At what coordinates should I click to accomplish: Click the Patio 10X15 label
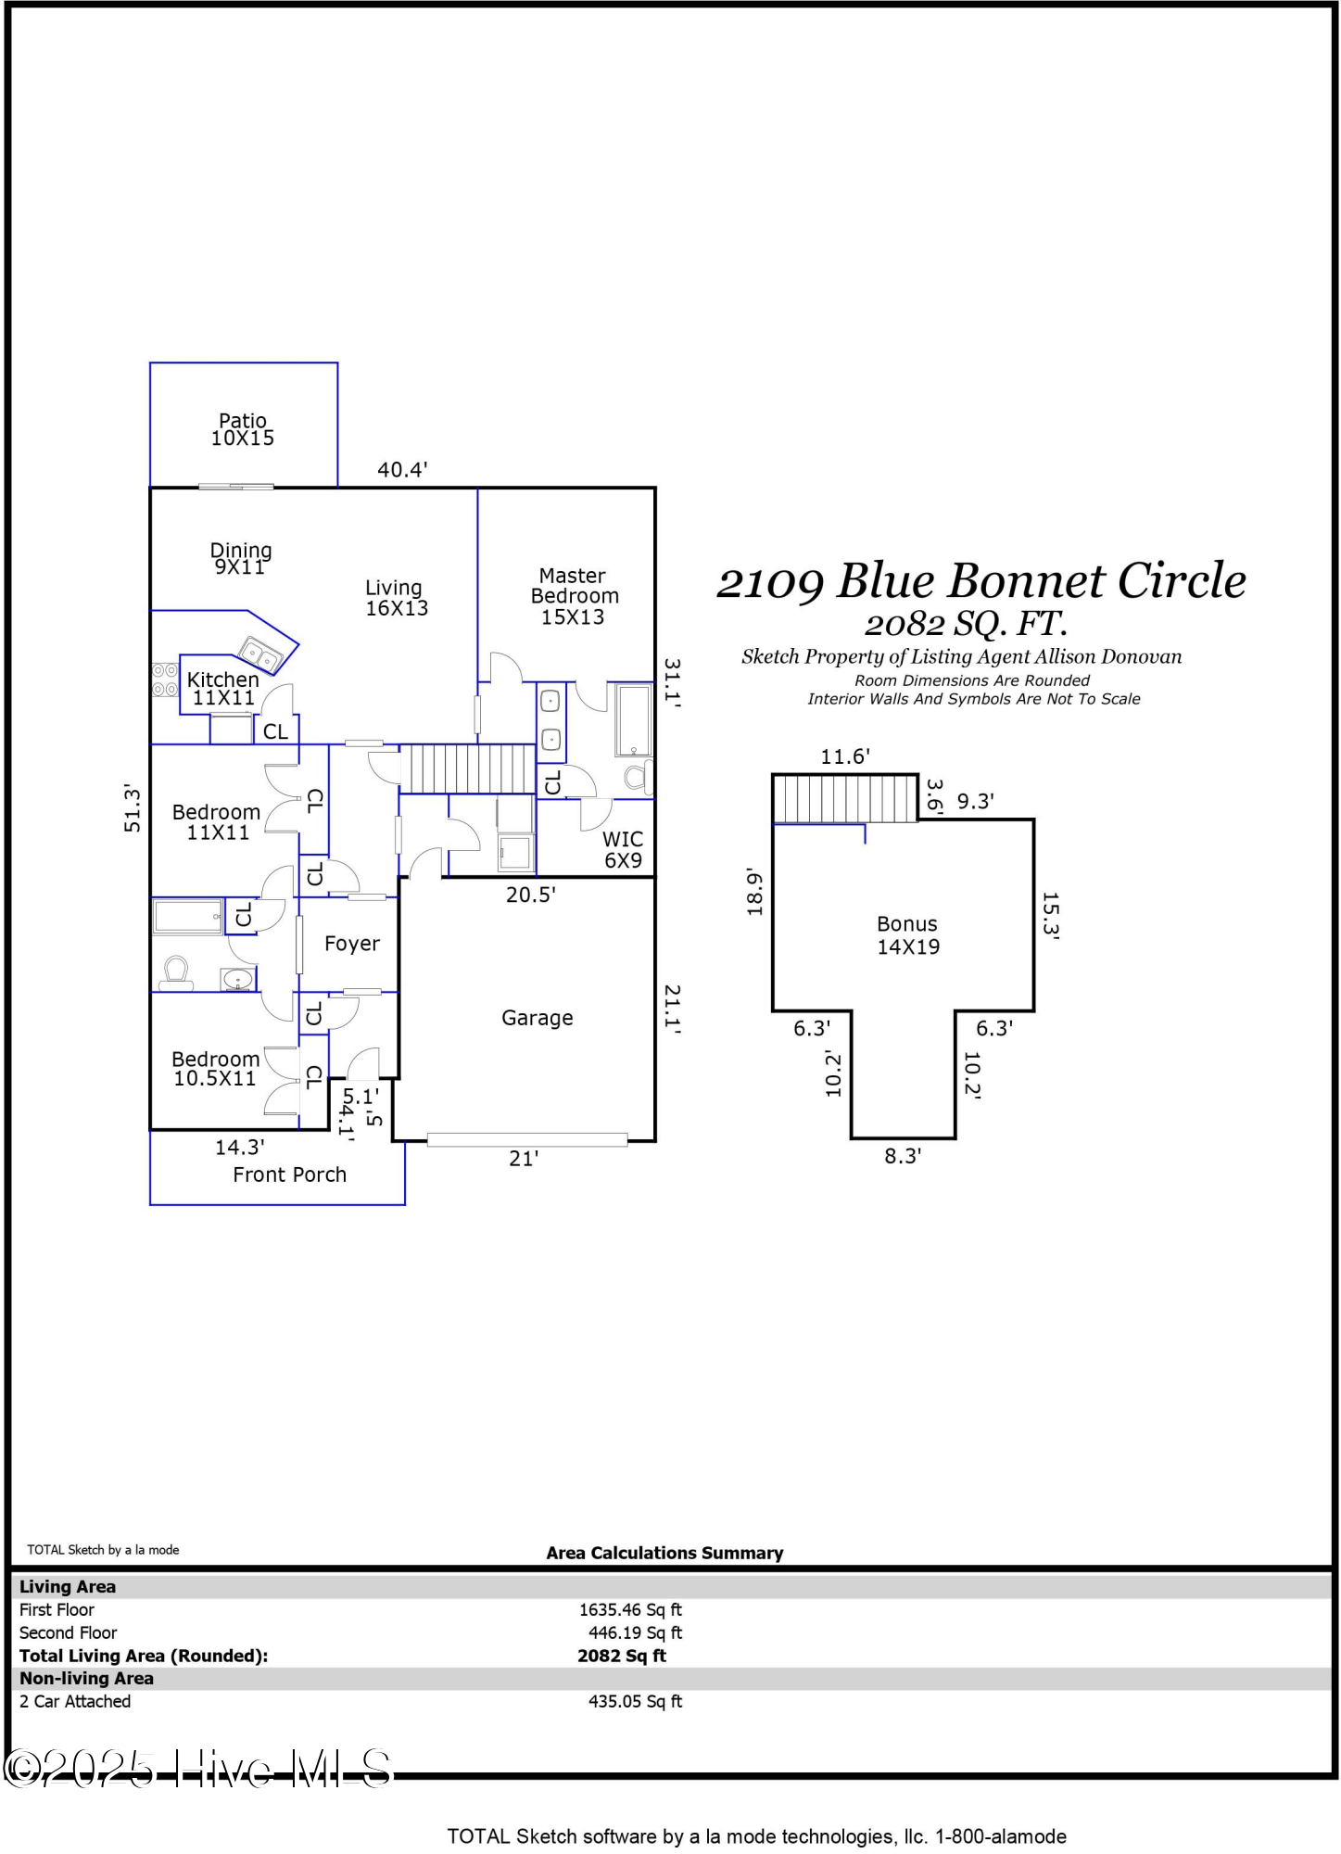[242, 430]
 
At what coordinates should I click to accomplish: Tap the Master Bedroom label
[574, 596]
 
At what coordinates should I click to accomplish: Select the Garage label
[537, 1018]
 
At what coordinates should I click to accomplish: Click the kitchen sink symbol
[261, 655]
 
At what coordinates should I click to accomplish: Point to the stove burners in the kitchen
[165, 679]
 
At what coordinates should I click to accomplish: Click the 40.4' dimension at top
[402, 470]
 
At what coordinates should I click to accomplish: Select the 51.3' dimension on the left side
[133, 807]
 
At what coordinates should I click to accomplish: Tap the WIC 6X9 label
[623, 849]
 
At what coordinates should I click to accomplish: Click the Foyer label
[351, 944]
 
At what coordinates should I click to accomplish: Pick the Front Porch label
[289, 1175]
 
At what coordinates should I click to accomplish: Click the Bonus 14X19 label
[908, 935]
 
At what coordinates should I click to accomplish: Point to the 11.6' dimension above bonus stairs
[844, 756]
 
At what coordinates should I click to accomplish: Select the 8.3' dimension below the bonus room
[902, 1156]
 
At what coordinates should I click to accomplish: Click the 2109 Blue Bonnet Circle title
[980, 581]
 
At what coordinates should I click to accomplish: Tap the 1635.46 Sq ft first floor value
[630, 1610]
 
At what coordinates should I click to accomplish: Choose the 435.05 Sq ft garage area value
[635, 1701]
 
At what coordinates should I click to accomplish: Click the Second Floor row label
[68, 1632]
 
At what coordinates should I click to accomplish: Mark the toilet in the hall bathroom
[176, 971]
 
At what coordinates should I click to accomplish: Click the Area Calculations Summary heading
[664, 1553]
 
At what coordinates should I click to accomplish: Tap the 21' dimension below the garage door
[524, 1159]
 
